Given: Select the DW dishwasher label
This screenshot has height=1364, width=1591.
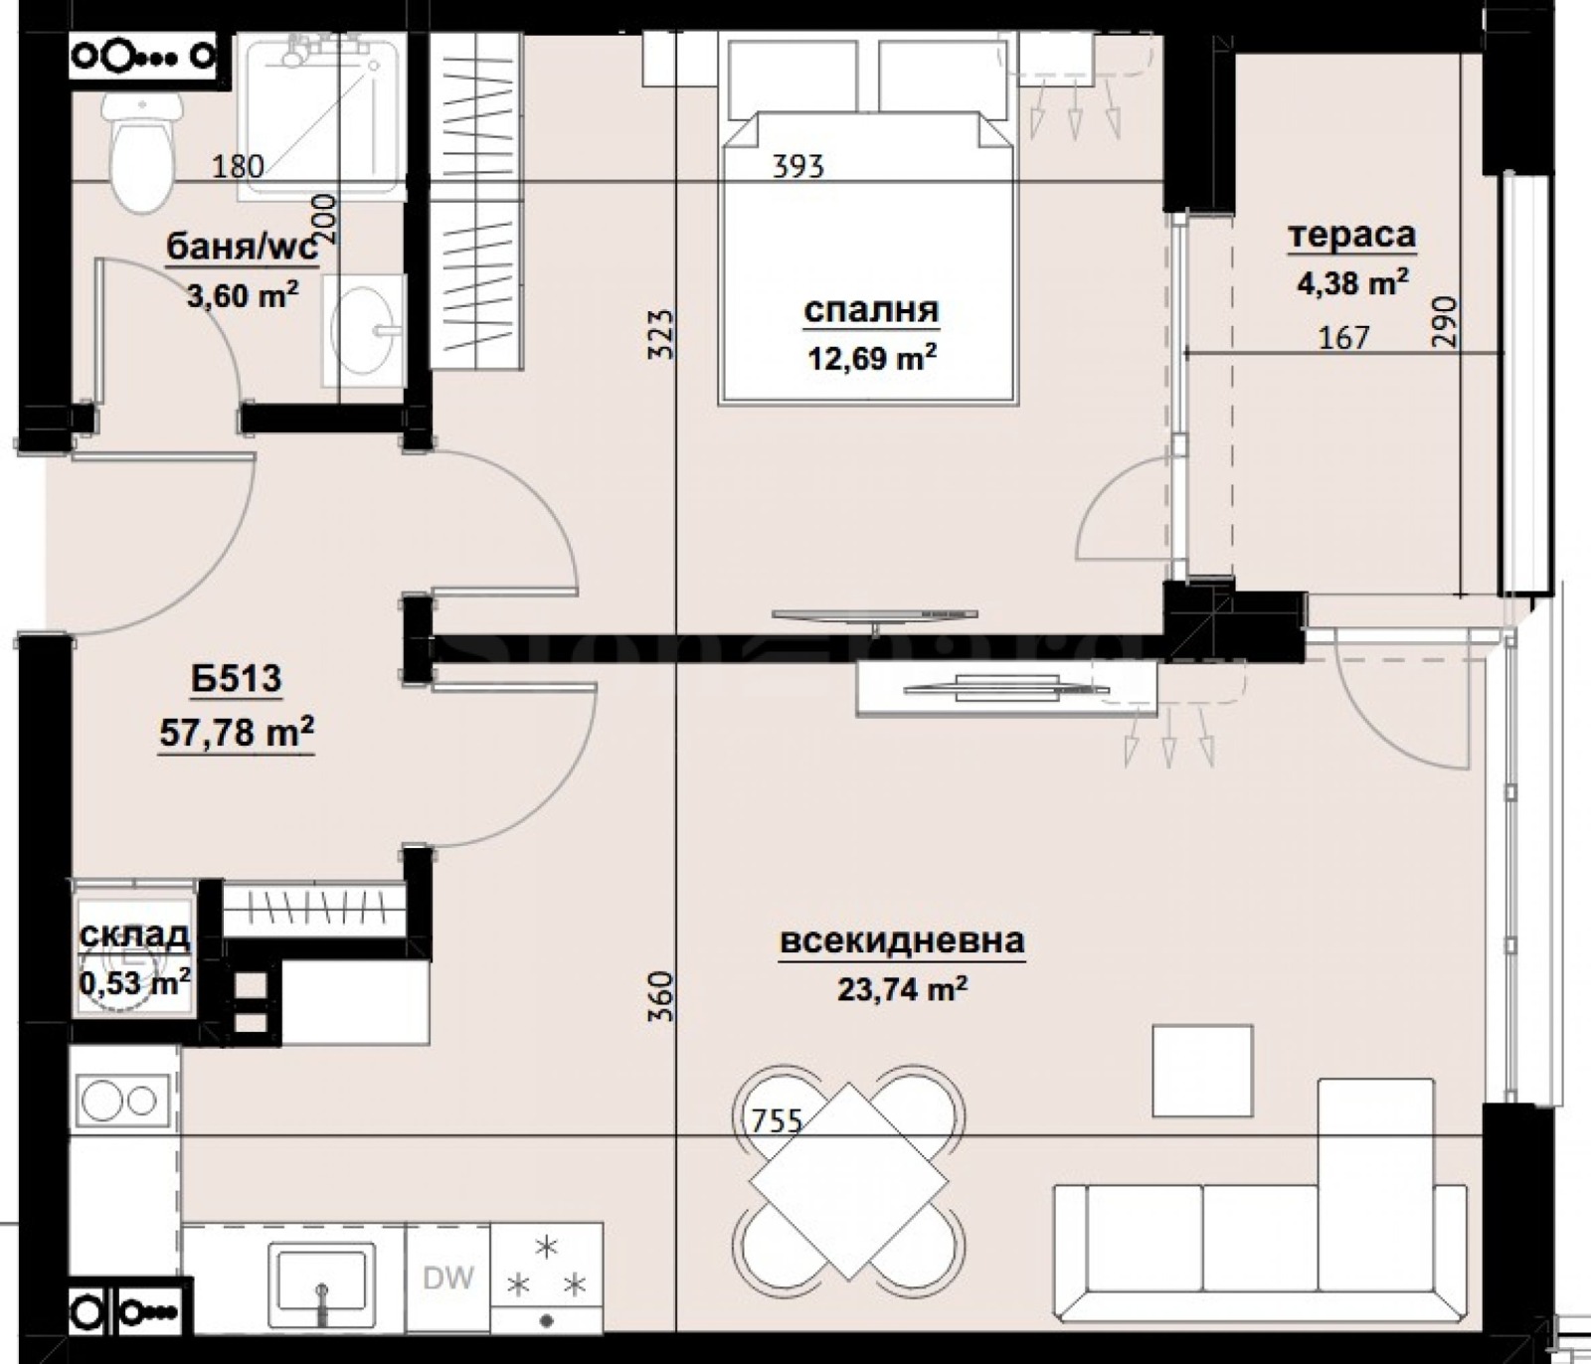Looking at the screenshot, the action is [448, 1279].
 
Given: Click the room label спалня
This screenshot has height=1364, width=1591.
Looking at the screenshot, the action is [871, 311].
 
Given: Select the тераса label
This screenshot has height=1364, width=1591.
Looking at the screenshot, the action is [1352, 236].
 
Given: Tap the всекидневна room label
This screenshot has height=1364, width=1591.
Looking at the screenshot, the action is [903, 940].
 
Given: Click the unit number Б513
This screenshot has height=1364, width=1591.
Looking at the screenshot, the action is [237, 680].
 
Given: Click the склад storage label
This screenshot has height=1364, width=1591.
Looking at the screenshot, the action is [135, 936].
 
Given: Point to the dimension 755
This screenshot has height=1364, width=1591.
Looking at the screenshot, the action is [776, 1121].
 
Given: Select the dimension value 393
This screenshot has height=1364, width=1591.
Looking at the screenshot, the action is [799, 166].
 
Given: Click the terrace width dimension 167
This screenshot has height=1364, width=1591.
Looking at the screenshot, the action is [1343, 338].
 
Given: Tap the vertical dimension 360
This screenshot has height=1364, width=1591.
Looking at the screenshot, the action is [664, 996].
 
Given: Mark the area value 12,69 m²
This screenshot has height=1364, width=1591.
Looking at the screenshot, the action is [871, 357].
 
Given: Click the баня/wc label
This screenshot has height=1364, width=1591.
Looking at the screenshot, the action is [243, 247].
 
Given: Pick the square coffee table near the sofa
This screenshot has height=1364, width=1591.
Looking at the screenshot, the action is [1202, 1070].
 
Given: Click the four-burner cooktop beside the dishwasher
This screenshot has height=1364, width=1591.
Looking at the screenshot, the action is [547, 1282].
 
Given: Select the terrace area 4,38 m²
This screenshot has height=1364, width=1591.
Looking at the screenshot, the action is [1352, 283].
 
